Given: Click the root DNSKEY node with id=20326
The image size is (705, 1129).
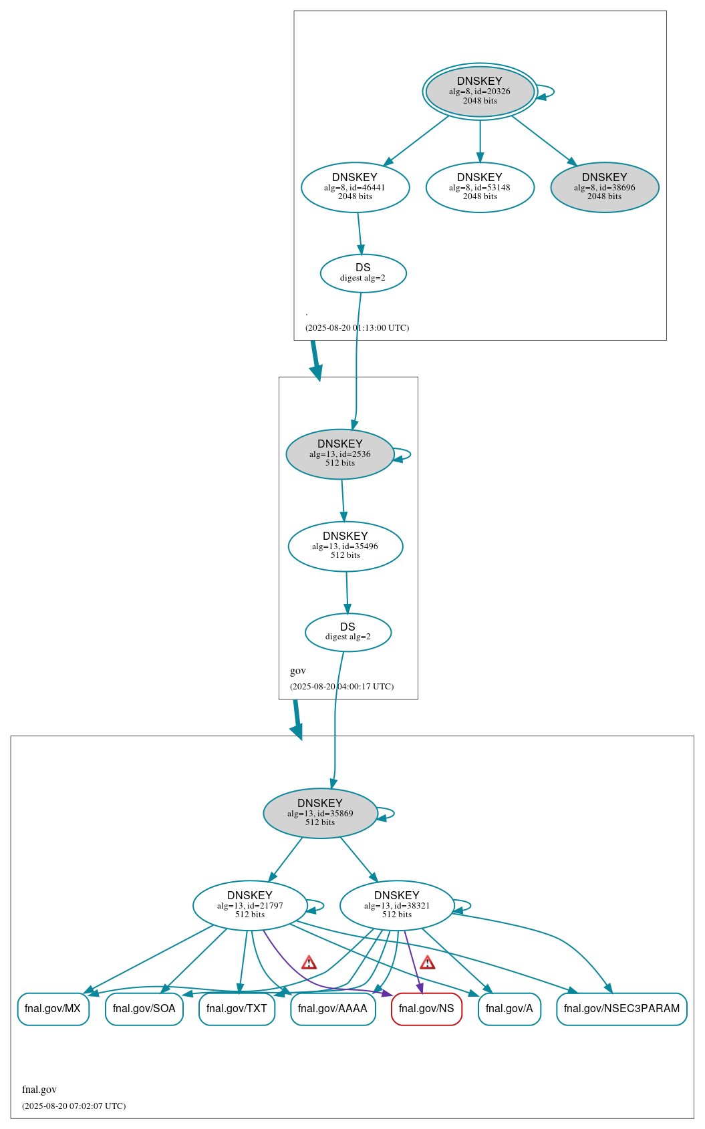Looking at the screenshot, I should (480, 92).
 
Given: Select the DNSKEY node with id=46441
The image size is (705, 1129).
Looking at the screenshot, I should (355, 188).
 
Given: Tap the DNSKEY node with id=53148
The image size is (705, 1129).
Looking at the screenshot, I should (480, 188).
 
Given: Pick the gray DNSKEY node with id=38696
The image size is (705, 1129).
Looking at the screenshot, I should (604, 188).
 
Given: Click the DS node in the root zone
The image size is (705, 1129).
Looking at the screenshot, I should (363, 273).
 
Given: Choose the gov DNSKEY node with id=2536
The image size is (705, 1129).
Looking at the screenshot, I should (339, 454).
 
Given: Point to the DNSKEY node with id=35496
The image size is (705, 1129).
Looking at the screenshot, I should (345, 546).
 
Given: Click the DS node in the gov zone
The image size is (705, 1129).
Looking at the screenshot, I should (347, 632).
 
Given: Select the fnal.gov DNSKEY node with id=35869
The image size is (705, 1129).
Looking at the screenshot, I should (320, 813).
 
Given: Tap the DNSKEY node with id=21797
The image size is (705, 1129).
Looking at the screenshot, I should (250, 906).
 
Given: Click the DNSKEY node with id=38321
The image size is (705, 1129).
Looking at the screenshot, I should (397, 906).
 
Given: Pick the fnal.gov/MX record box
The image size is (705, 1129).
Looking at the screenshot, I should (53, 1009).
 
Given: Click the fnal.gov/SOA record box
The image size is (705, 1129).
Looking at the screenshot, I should (144, 1009).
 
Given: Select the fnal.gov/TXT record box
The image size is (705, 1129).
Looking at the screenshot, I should (237, 1009).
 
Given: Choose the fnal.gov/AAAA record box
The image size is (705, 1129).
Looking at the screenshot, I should (333, 1009).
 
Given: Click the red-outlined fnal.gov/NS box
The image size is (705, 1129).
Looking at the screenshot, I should (426, 1009).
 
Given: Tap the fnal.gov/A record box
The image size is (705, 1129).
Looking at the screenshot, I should (509, 1009).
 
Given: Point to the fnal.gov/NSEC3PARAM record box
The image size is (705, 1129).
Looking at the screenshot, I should (621, 1009).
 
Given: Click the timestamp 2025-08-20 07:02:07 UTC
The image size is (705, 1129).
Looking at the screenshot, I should (74, 1106).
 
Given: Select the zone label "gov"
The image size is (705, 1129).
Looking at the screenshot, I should (298, 671).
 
